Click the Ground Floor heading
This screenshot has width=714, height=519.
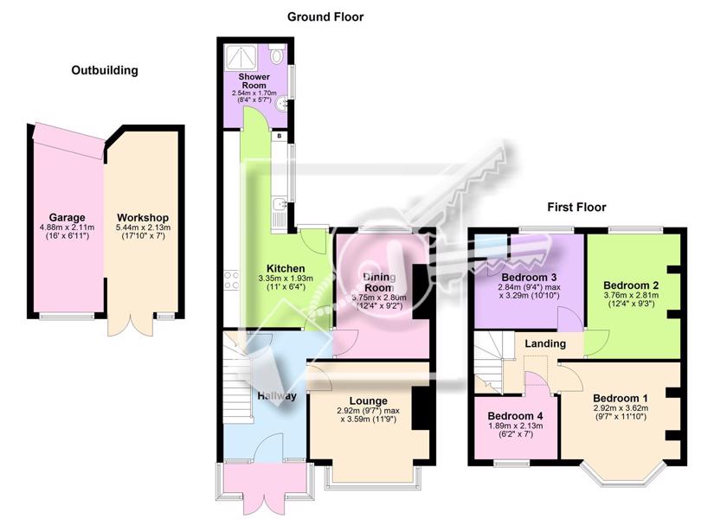[x=325, y=17]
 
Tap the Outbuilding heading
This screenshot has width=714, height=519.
[x=105, y=71]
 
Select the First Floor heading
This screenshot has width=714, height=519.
[x=576, y=208]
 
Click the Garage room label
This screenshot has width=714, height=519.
[x=68, y=218]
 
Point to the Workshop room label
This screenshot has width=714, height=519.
[x=143, y=218]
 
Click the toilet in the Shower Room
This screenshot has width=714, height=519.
[x=276, y=54]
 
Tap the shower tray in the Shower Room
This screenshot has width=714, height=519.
[x=240, y=57]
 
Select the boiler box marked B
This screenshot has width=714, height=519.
[x=280, y=136]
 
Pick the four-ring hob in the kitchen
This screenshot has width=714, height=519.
[x=232, y=280]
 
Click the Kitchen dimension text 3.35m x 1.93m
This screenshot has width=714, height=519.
[x=286, y=279]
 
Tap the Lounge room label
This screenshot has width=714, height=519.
[x=369, y=401]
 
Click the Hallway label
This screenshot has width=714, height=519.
[x=277, y=396]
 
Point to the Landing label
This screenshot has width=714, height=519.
[x=545, y=343]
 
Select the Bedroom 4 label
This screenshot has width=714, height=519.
[x=515, y=416]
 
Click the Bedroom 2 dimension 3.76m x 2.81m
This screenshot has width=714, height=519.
[x=631, y=295]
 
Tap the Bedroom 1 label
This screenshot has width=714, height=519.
[x=621, y=398]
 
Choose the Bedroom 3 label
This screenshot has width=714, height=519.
[x=529, y=278]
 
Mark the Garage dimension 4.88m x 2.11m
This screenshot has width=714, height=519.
[x=68, y=227]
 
